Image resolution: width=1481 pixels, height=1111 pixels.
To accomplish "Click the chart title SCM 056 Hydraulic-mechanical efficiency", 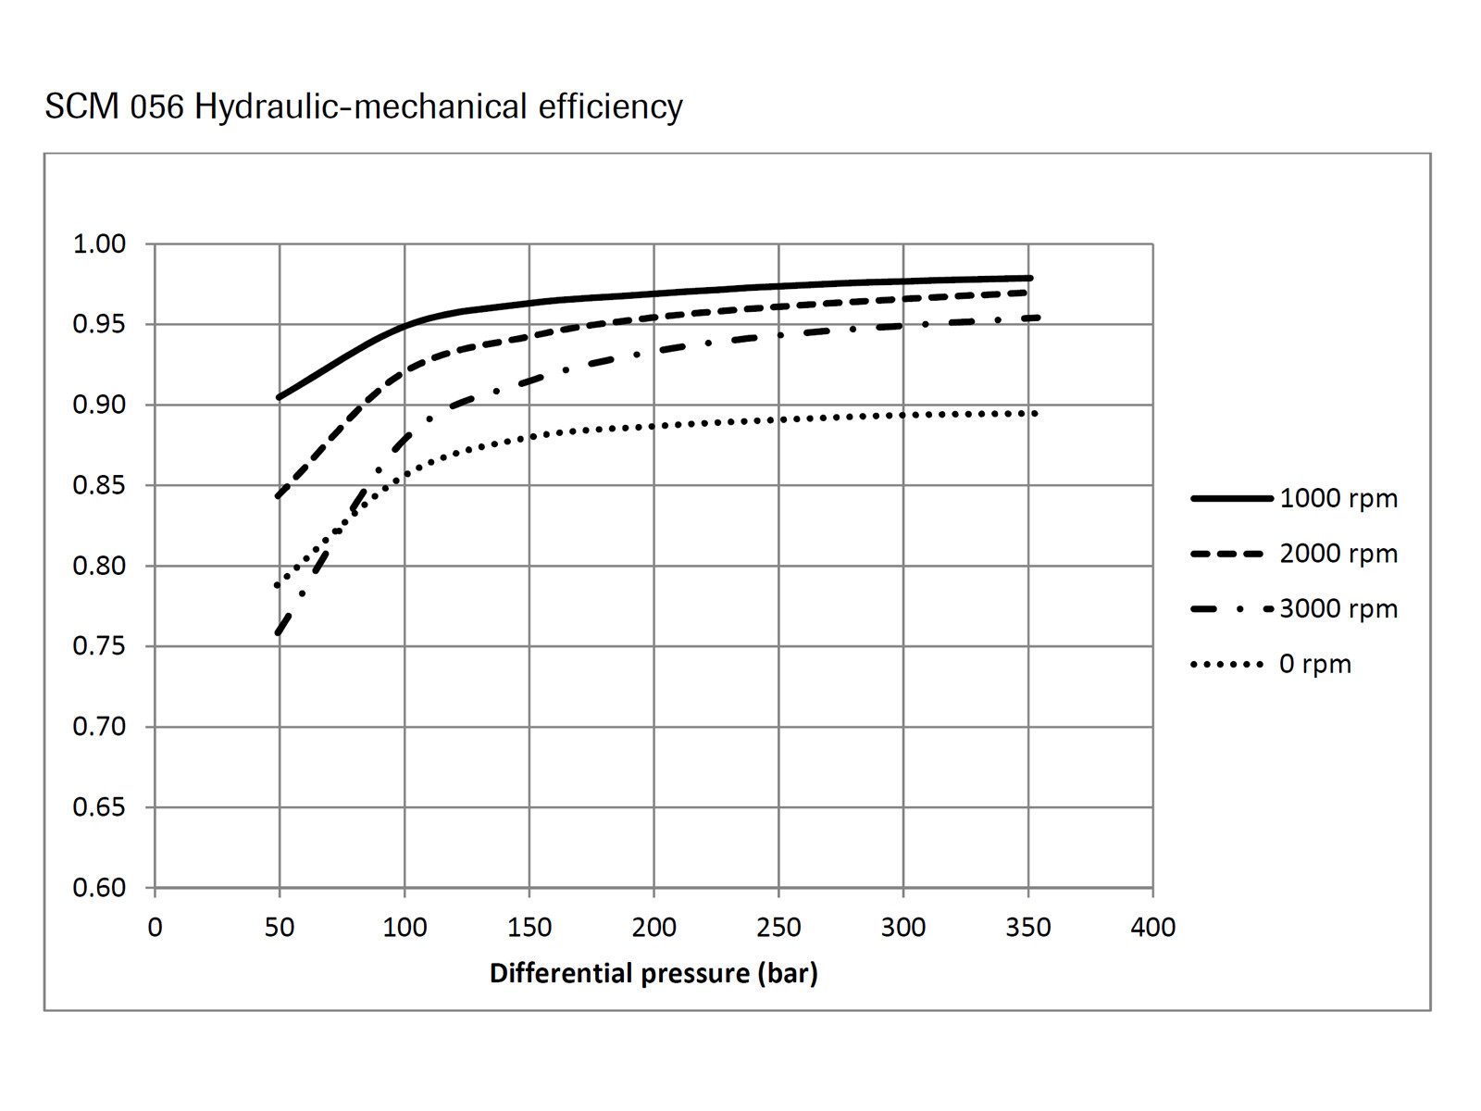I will click(x=364, y=106).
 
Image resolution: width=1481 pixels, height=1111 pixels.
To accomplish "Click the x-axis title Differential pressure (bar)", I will click(x=653, y=973).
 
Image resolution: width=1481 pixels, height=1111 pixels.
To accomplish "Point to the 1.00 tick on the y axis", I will click(x=99, y=244).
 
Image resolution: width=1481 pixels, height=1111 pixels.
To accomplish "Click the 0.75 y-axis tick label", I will click(x=99, y=646).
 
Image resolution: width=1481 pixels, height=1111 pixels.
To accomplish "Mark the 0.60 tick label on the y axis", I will click(x=99, y=888).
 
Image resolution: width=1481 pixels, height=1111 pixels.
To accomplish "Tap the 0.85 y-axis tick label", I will click(x=99, y=485).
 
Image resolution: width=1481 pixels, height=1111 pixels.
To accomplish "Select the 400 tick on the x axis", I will click(x=1152, y=927).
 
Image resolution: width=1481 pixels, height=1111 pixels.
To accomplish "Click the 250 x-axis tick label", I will click(x=778, y=927).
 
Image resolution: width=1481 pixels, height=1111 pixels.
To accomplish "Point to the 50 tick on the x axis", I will click(x=280, y=927).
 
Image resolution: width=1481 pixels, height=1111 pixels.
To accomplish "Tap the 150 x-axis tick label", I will click(x=529, y=927).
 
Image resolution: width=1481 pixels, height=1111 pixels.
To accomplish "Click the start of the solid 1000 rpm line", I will click(x=280, y=397).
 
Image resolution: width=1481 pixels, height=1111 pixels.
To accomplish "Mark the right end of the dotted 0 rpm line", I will click(x=1035, y=413).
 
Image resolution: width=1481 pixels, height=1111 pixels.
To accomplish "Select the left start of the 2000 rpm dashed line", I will click(x=279, y=496).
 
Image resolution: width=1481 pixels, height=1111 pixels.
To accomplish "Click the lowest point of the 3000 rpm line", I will click(x=279, y=632).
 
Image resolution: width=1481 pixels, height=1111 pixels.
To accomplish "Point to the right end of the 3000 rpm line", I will click(x=1037, y=318).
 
